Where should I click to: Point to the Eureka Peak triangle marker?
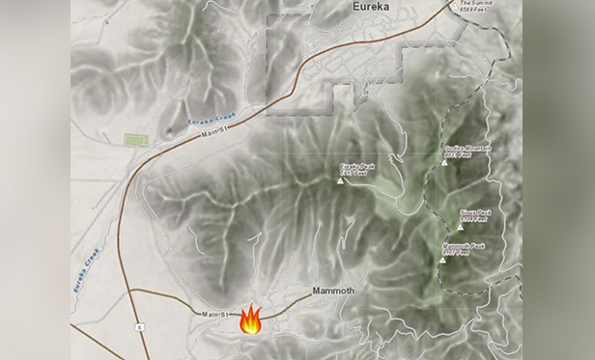pyautogui.click(x=340, y=179)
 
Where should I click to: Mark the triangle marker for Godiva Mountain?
pyautogui.click(x=444, y=162)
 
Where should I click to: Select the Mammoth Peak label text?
pyautogui.click(x=463, y=249)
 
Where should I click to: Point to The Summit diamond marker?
pyautogui.click(x=456, y=5)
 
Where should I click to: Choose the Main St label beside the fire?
pyautogui.click(x=215, y=314)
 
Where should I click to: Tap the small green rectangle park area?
pyautogui.click(x=135, y=140)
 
